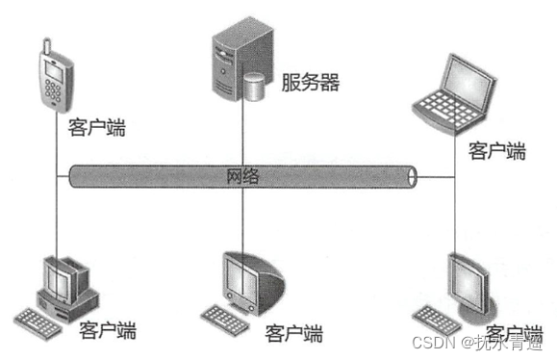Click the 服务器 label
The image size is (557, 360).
(311, 82)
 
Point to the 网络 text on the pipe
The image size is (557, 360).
(243, 176)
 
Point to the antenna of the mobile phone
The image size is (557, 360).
(45, 45)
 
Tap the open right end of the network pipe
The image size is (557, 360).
(414, 176)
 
